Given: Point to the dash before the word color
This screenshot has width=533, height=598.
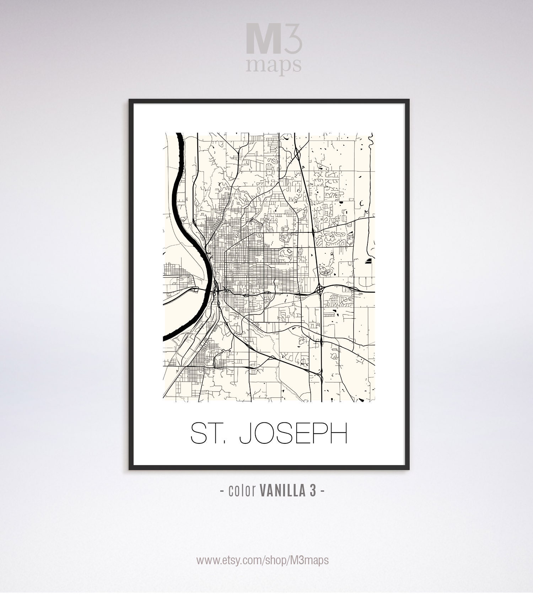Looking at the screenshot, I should click(222, 491).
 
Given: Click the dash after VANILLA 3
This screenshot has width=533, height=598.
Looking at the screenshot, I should click(322, 491).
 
